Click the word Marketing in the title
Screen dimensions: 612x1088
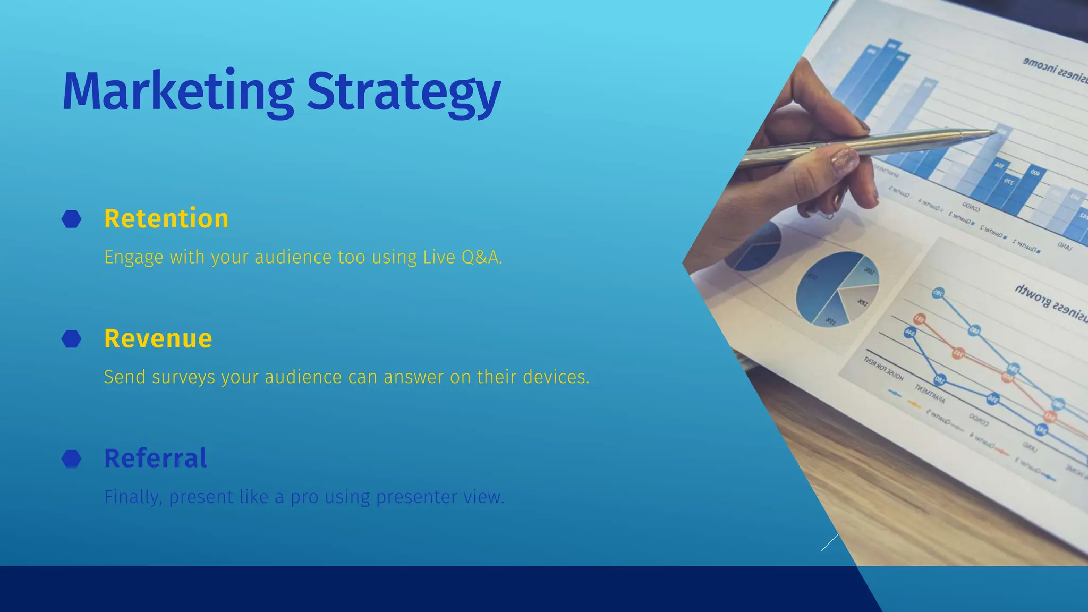(178, 91)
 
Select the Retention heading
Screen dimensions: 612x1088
(166, 219)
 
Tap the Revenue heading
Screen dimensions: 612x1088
(158, 338)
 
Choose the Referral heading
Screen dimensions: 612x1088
(156, 458)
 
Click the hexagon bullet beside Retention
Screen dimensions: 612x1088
(72, 219)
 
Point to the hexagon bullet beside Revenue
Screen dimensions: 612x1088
(72, 338)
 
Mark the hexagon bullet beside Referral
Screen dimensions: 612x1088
(72, 458)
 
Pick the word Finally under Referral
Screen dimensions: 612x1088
(133, 497)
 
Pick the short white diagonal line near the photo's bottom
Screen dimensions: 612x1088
(830, 542)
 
